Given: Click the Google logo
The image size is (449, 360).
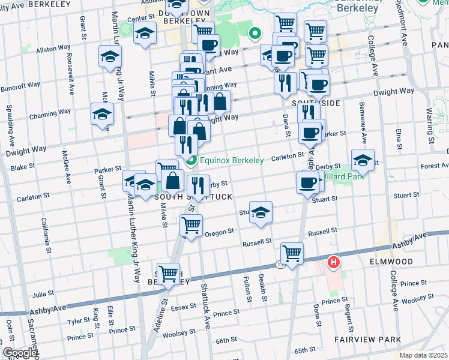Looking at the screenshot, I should pyautogui.click(x=20, y=353).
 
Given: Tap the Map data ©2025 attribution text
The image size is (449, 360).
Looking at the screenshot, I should pyautogui.click(x=423, y=355).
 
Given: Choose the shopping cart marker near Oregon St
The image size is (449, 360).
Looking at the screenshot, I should pyautogui.click(x=191, y=226).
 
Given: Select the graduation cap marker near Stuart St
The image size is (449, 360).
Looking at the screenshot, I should pyautogui.click(x=260, y=212).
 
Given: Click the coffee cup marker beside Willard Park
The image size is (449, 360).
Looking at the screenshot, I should pyautogui.click(x=307, y=182).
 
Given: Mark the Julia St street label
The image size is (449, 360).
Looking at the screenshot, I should pyautogui.click(x=44, y=295).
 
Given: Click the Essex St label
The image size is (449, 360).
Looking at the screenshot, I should pyautogui.click(x=184, y=307).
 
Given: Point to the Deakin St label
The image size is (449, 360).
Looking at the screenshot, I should pyautogui.click(x=263, y=284).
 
